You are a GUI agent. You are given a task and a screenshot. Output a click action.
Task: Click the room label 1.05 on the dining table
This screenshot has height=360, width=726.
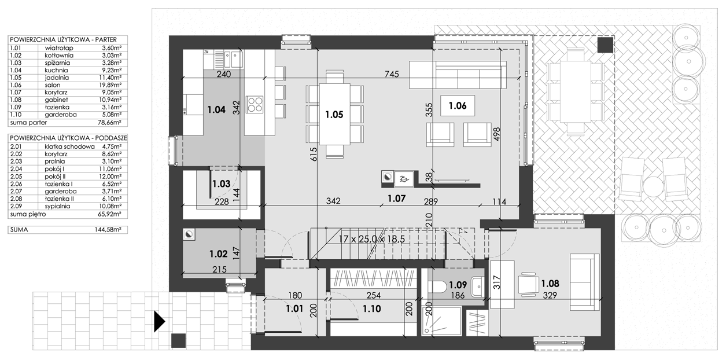click(334, 115)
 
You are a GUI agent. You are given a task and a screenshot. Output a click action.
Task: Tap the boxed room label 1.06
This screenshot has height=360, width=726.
click(458, 105)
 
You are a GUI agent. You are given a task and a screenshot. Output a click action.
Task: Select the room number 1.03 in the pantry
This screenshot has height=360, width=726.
click(222, 184)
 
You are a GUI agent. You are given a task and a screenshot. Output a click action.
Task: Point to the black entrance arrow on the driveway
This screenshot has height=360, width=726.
click(160, 322)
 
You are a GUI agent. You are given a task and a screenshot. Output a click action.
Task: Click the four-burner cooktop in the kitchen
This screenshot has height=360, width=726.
click(255, 104)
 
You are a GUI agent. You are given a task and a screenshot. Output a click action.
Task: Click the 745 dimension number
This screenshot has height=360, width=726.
click(392, 74)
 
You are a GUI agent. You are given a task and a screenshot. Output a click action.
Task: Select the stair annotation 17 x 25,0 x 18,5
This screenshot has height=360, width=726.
click(372, 240)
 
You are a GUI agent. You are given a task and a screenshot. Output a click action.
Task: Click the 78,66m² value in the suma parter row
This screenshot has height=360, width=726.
click(109, 123)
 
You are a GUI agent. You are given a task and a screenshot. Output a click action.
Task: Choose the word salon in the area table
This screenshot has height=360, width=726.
click(53, 85)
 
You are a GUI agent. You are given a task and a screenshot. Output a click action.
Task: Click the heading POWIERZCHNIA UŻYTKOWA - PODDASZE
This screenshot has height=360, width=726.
click(68, 138)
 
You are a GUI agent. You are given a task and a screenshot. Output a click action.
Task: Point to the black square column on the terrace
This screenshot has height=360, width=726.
click(606, 45)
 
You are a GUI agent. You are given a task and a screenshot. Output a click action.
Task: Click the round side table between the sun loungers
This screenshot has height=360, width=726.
click(653, 186)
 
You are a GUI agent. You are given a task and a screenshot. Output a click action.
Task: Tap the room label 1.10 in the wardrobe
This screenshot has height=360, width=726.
click(372, 308)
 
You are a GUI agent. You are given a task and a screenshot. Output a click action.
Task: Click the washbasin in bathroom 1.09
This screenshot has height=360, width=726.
click(477, 286)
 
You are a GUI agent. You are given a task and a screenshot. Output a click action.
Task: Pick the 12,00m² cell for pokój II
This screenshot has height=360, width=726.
click(110, 177)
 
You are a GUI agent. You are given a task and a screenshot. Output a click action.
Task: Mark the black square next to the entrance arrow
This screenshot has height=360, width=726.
click(178, 341)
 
